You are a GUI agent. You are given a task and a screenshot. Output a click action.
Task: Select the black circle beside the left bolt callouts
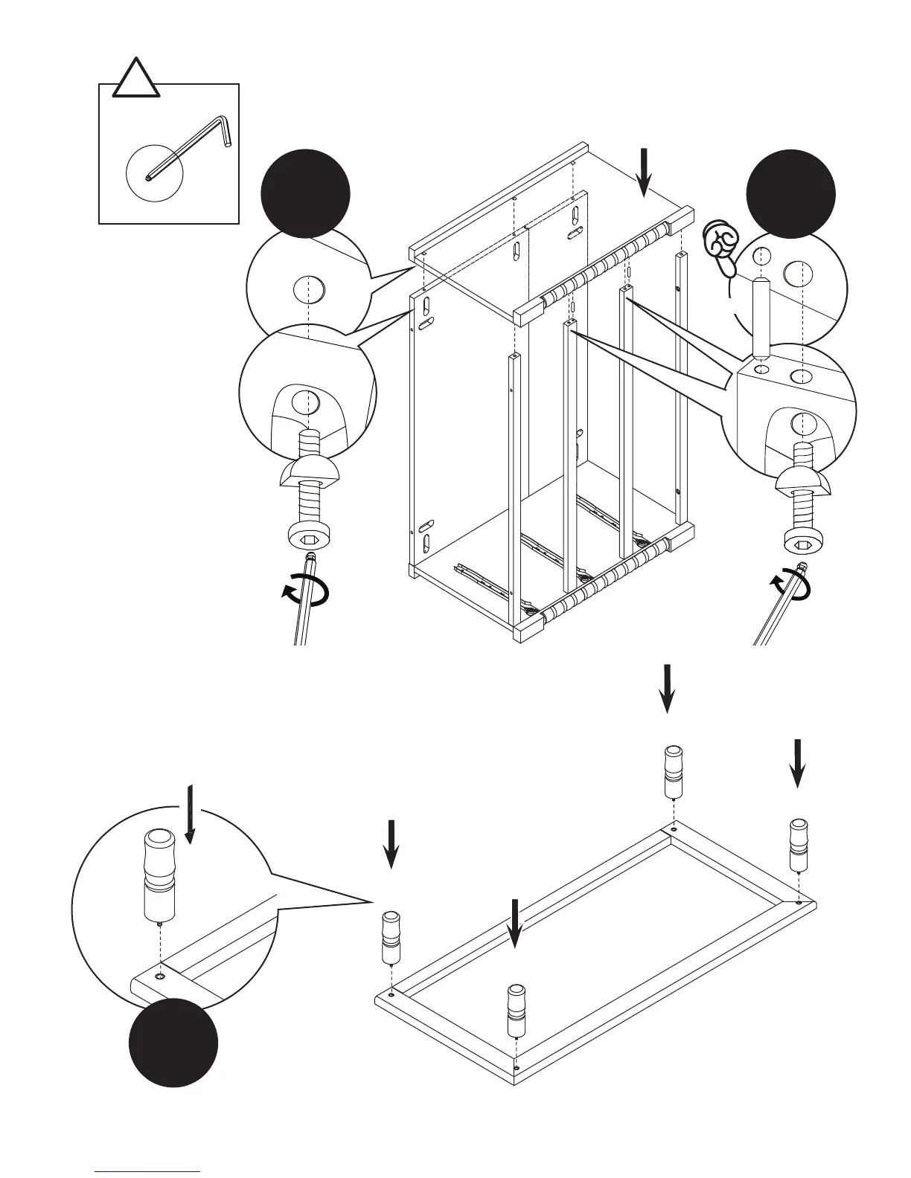coord(305,193)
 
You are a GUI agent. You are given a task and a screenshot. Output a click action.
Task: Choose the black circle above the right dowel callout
coord(790,193)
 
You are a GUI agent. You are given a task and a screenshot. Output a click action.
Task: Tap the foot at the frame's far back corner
coord(673,770)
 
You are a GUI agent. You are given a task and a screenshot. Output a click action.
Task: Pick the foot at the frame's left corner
coord(391,936)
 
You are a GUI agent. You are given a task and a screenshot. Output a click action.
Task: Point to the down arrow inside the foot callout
coord(191,814)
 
